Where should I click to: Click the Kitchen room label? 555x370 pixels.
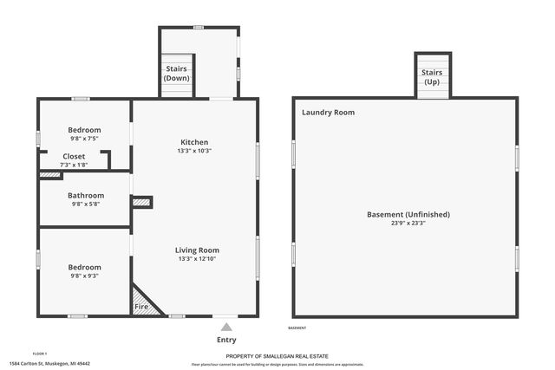coord(194,142)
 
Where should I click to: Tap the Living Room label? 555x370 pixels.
coord(197,250)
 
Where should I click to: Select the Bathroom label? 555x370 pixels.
coord(86,196)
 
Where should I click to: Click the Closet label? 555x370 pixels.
coord(74,156)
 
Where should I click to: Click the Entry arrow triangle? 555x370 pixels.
coord(226,327)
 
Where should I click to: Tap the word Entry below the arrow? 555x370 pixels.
coord(226,340)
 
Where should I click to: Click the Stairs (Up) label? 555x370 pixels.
coord(433,78)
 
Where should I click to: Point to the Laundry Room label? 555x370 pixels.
coord(328,113)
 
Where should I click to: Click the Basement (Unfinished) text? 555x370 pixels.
coord(408,214)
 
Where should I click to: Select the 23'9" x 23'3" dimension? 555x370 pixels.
coord(408,223)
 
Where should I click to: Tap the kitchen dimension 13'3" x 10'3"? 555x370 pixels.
coord(194,151)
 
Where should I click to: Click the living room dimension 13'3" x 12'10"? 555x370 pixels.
coord(197,259)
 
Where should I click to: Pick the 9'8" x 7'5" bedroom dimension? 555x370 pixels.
coord(85,139)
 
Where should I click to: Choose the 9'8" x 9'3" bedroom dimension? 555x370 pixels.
coord(85,276)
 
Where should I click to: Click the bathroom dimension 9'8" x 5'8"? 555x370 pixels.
coord(86,204)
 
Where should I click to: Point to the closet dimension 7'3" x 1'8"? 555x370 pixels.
coord(74,165)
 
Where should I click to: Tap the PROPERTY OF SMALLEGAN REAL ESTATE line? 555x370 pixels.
coord(277,356)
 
